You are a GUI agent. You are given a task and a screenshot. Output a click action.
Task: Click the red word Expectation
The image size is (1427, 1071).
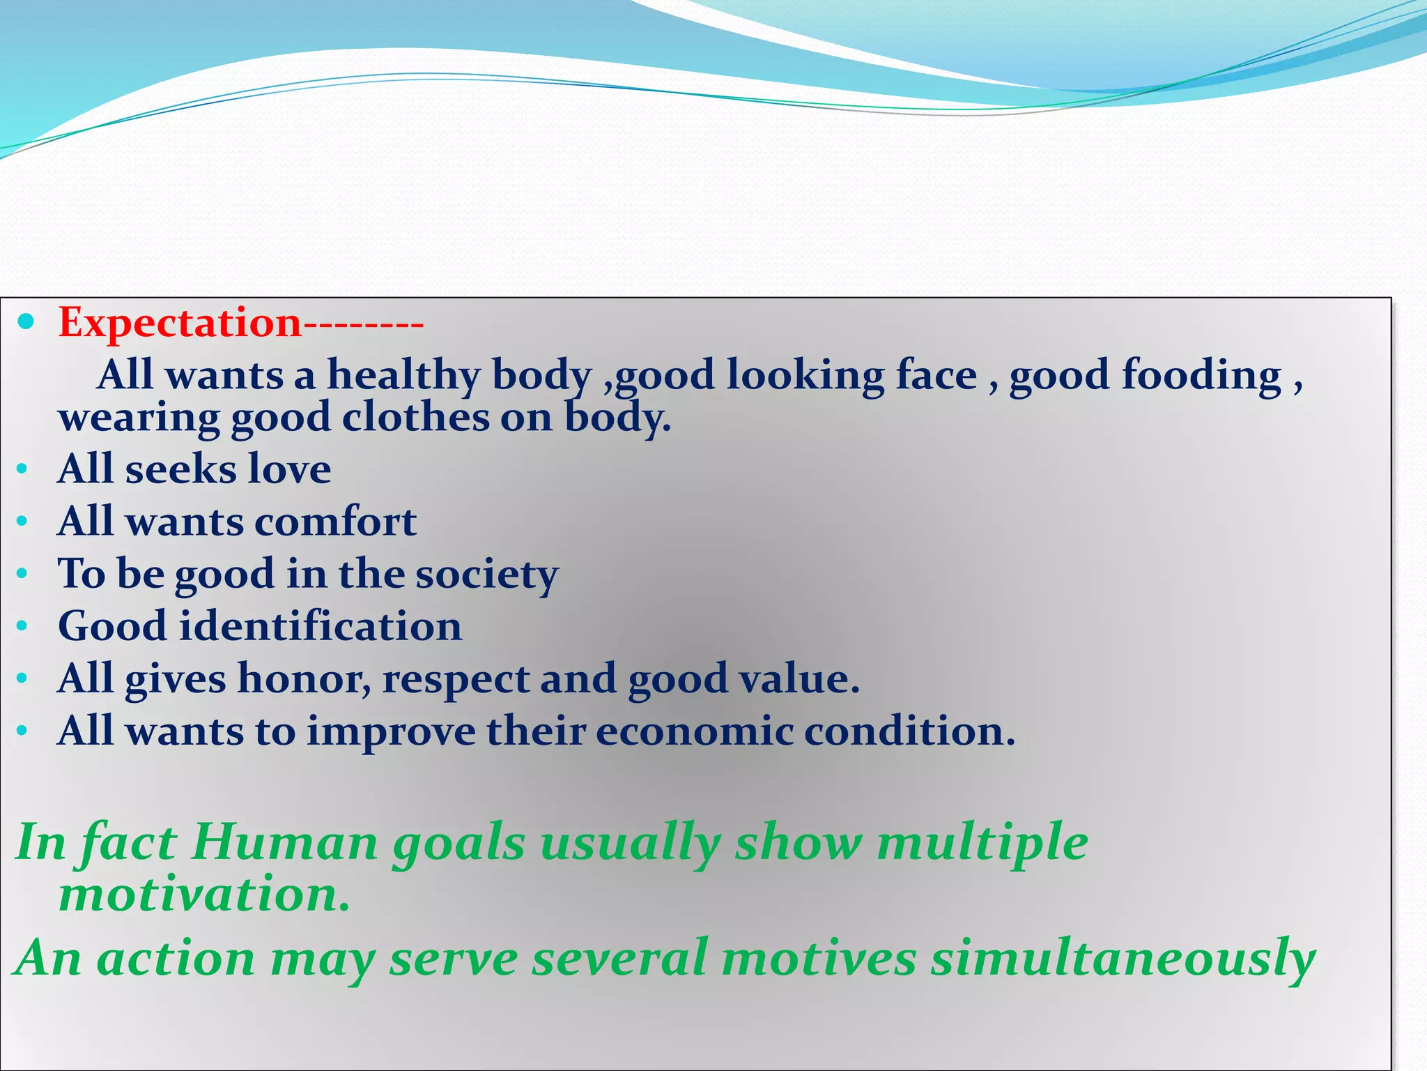(x=180, y=324)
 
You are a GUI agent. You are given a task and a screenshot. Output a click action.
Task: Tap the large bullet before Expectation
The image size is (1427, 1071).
(x=26, y=321)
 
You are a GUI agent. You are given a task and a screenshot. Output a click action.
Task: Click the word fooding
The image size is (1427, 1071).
(x=1201, y=375)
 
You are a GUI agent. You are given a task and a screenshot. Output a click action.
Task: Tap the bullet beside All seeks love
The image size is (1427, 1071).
(x=22, y=469)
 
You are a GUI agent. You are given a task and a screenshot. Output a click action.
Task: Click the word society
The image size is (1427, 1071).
(x=487, y=575)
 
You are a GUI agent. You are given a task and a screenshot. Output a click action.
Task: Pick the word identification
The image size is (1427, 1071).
(x=321, y=625)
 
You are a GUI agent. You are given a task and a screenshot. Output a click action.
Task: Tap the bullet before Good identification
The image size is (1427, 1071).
(x=22, y=625)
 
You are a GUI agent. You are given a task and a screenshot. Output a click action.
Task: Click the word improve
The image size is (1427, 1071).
(x=391, y=732)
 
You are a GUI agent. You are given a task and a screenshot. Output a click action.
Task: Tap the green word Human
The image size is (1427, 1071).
(x=284, y=842)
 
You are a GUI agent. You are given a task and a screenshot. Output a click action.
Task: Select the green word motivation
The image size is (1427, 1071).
(x=203, y=894)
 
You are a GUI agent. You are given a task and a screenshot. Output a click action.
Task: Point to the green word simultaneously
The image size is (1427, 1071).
(x=1123, y=959)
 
